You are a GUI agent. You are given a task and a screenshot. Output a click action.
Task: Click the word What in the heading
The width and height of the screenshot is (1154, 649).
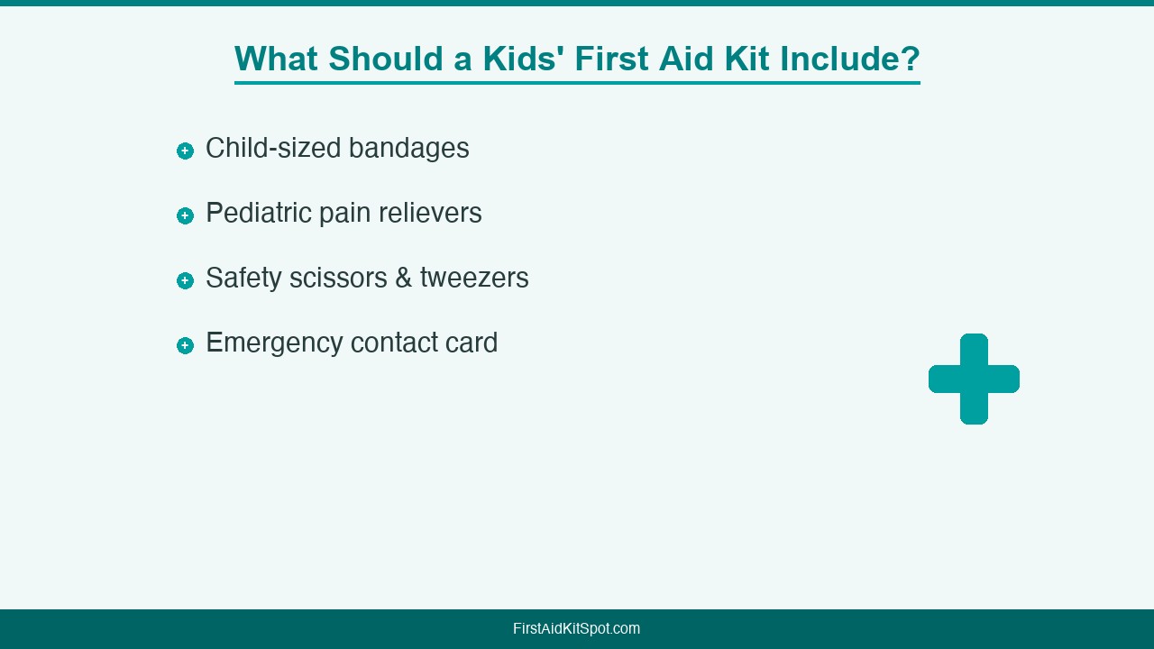(276, 59)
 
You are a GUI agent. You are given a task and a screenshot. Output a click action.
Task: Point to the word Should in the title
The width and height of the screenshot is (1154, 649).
(386, 59)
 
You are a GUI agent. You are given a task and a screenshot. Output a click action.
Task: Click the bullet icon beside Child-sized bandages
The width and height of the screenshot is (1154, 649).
(185, 151)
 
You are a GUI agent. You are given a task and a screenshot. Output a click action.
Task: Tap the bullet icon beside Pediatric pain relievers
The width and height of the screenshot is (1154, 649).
(185, 215)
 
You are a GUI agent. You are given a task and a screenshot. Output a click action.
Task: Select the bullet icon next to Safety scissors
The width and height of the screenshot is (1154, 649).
(185, 280)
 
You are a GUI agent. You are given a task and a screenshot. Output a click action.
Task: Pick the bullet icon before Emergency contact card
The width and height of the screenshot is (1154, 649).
(185, 345)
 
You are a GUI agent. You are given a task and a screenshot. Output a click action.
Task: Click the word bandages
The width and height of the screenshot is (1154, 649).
(409, 150)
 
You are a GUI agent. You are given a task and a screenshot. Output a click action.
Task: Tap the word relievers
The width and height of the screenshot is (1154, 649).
(430, 213)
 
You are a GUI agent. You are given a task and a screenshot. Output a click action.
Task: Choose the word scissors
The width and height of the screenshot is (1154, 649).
(338, 279)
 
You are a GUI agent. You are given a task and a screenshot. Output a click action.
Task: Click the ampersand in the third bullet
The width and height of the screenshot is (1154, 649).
(404, 279)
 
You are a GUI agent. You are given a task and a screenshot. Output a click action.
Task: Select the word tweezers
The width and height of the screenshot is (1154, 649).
(474, 279)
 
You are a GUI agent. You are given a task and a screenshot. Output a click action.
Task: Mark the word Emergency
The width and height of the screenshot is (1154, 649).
(274, 344)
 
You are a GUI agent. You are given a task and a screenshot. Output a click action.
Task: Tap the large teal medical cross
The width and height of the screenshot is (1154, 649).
(974, 379)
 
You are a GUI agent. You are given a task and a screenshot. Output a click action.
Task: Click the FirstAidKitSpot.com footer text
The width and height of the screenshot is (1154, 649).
(576, 629)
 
